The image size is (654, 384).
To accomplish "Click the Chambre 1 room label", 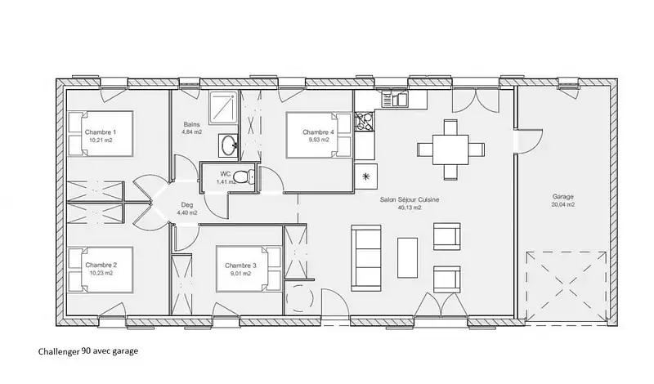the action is pos(101,132).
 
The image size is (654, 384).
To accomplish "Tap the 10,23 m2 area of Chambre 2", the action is pos(101,273).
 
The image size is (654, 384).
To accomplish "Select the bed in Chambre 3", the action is pos(249,270).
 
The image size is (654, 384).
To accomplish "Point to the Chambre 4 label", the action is pos(318,132).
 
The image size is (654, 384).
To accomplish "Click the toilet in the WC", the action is pos(244,176).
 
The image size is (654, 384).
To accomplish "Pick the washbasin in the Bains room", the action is pos(228,145).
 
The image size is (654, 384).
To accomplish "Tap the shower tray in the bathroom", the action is pos(223,107).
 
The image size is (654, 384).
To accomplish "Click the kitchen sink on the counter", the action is pos(395,100).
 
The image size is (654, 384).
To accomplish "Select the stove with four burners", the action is pos(364,123).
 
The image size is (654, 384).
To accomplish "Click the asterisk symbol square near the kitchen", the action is pos(365,176).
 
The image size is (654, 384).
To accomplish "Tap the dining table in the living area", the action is pos(450,150).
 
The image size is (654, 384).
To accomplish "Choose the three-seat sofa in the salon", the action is pos(366,257).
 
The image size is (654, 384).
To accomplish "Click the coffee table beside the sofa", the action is pos(407,257).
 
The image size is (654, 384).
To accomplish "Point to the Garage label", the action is pos(563,196).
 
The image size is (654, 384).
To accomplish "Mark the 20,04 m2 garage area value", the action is pos(563,204).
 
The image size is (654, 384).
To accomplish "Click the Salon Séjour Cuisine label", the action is pos(410,199).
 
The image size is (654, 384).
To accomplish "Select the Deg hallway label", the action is pos(187,205).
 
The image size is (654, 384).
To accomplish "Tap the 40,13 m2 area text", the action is pos(410,208).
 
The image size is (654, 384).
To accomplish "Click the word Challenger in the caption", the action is pos(59,351).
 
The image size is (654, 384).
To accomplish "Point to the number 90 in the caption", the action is pos(87,351).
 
